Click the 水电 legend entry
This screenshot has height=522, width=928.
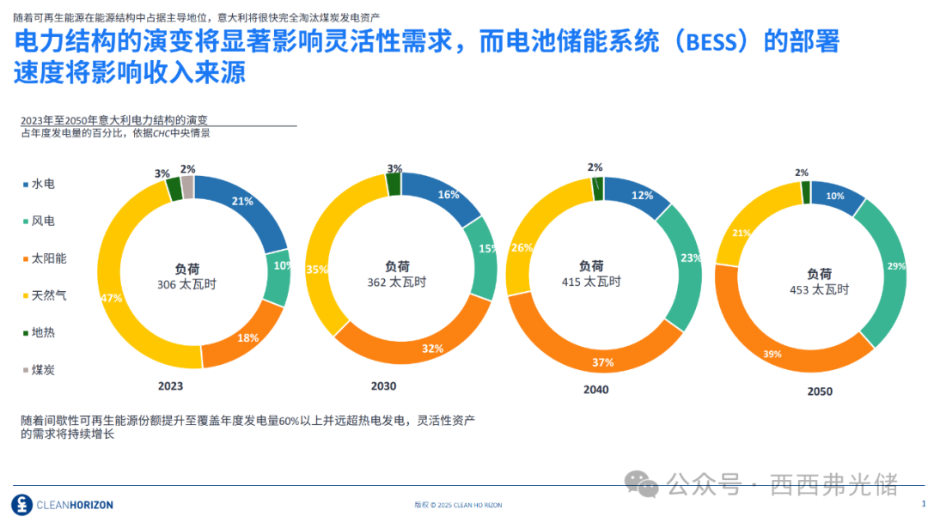point(42,184)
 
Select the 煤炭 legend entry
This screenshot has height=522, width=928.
point(42,370)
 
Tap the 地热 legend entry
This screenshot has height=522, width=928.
point(42,332)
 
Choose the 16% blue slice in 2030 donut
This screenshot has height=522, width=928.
point(447,195)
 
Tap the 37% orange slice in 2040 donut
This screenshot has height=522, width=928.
point(601,361)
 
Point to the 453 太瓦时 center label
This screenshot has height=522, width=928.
point(819,289)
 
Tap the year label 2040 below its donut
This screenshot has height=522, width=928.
point(595,389)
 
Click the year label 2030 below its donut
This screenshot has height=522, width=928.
point(383,385)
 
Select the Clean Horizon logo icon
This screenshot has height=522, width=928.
point(21,504)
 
